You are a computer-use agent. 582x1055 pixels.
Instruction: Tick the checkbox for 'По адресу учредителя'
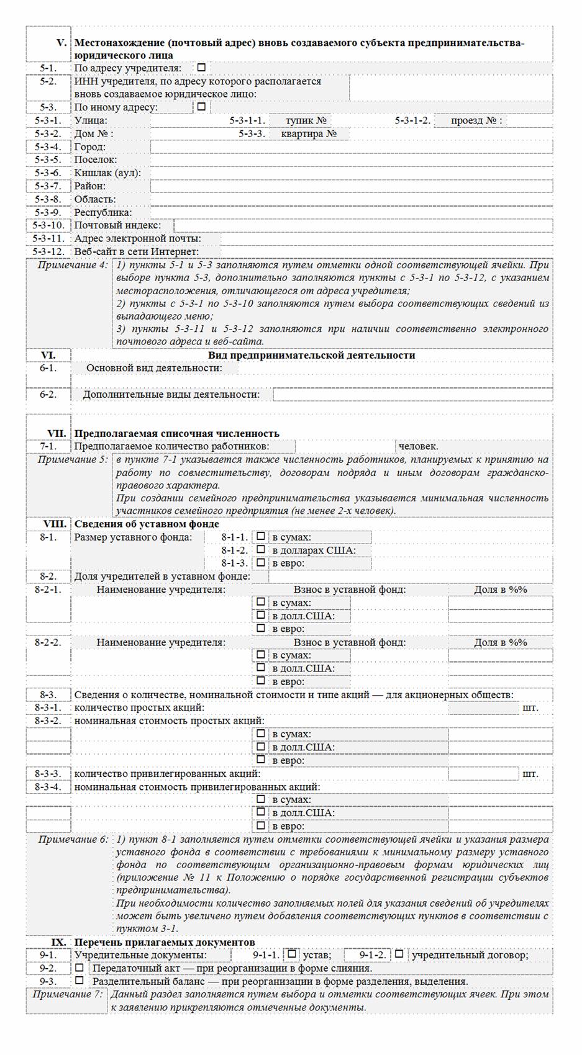click(x=201, y=68)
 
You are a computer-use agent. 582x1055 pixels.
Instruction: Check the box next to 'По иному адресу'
click(x=201, y=107)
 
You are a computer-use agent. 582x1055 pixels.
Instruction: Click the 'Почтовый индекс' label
click(x=117, y=225)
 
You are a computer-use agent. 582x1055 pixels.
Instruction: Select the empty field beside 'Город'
click(x=351, y=147)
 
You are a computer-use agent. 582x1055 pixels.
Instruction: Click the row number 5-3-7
click(x=48, y=186)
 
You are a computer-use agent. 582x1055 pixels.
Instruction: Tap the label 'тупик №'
click(x=306, y=120)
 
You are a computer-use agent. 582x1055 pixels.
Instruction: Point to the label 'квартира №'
click(x=309, y=133)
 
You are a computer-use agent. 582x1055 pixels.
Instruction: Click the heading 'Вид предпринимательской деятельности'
click(x=311, y=356)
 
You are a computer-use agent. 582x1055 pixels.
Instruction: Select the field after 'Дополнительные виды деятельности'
click(x=412, y=395)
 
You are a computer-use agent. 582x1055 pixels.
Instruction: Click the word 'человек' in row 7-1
click(x=418, y=446)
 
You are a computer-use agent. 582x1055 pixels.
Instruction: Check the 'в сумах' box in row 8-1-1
click(x=261, y=537)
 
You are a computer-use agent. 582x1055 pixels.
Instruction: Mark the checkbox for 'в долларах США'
click(x=261, y=550)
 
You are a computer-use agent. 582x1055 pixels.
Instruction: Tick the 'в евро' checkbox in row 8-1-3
click(x=261, y=563)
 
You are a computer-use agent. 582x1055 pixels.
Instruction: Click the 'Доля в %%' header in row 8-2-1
click(x=500, y=590)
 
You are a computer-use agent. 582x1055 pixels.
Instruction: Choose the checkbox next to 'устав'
click(x=292, y=954)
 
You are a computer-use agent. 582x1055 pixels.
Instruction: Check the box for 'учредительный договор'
click(x=399, y=954)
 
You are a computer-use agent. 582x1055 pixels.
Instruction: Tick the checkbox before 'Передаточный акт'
click(x=79, y=967)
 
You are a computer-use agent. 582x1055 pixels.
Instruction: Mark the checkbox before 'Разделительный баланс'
click(x=79, y=981)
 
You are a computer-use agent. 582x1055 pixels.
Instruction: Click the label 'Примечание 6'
click(x=73, y=840)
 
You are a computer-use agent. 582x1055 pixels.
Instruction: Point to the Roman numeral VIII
click(x=55, y=524)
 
